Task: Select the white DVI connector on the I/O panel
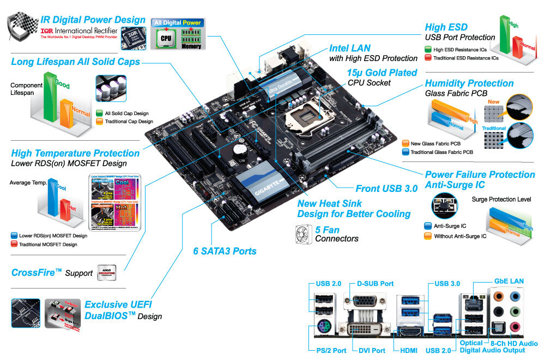(364, 330)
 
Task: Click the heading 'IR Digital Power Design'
(93, 20)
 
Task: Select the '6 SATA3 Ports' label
(225, 251)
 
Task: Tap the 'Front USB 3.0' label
(386, 189)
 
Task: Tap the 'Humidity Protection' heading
(469, 83)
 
